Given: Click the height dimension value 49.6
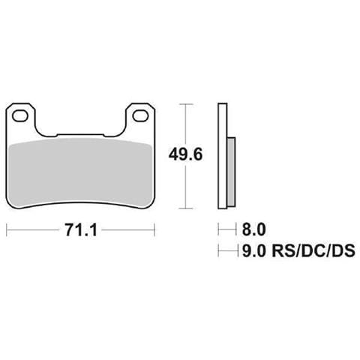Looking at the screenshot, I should click(185, 155).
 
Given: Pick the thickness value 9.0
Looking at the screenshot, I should click(253, 252).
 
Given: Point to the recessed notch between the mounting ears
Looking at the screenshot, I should click(80, 133).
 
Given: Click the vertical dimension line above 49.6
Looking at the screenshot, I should click(185, 124).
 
